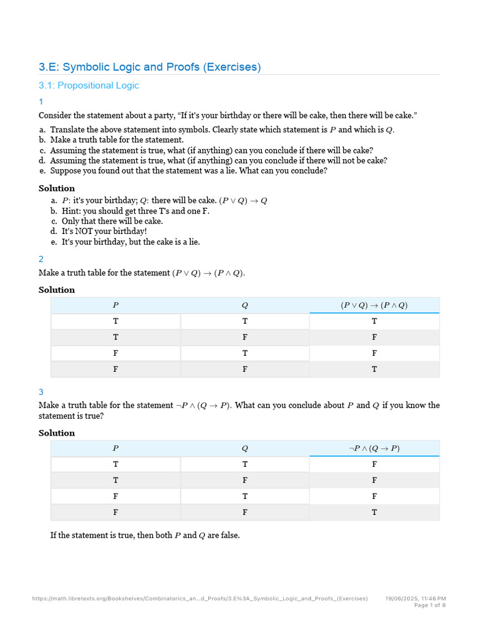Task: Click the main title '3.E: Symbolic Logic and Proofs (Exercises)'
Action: point(150,67)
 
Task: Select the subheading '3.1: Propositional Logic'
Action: point(89,85)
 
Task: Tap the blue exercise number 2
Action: point(41,259)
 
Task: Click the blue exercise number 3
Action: point(41,392)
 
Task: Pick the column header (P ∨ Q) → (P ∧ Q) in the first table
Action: point(374,305)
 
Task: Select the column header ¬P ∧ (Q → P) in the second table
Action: point(374,448)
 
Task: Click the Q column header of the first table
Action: point(245,305)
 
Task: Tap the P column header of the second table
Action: point(115,448)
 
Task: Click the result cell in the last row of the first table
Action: point(374,369)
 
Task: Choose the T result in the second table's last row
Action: point(374,512)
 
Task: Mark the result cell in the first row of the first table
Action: point(374,321)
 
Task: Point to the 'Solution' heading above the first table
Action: point(57,290)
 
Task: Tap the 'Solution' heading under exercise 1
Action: point(57,188)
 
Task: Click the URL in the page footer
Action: point(200,598)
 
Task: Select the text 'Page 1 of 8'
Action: point(430,605)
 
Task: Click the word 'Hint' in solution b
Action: point(70,211)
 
